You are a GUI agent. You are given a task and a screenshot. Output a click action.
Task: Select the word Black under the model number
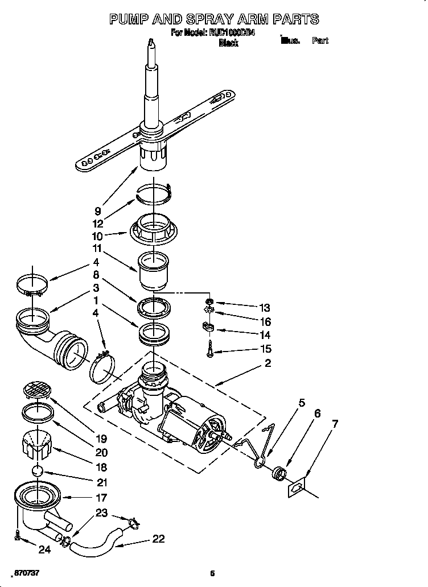click(x=228, y=43)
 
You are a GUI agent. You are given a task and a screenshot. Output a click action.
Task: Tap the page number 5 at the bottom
click(x=212, y=572)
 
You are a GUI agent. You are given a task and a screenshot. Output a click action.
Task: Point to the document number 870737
click(x=27, y=572)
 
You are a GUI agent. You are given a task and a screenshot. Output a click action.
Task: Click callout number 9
click(x=98, y=211)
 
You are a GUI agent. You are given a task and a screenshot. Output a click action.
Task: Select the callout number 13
click(x=264, y=308)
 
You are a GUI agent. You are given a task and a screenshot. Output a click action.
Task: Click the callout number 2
click(x=267, y=363)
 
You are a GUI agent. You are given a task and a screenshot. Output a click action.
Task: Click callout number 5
click(x=302, y=403)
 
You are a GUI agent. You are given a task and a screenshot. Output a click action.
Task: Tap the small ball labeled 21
click(x=37, y=472)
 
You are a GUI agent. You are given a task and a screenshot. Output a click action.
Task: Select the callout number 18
click(x=102, y=468)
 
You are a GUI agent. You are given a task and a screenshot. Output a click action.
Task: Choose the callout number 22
click(x=159, y=539)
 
